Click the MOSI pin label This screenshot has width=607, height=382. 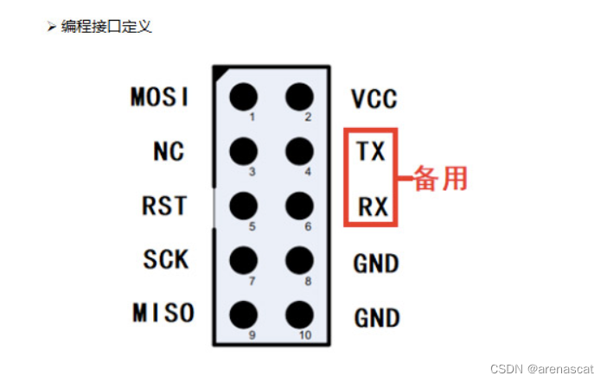(160, 97)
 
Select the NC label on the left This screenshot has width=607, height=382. (169, 151)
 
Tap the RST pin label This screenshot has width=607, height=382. (164, 206)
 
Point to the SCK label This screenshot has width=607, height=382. (165, 258)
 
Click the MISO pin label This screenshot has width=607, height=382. (163, 312)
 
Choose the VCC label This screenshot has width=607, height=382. (374, 99)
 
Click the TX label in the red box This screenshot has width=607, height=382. (371, 152)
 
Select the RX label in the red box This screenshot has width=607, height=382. (372, 207)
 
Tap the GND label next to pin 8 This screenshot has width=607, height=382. (376, 263)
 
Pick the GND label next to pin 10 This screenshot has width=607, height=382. (376, 317)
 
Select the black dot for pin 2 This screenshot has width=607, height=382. (299, 96)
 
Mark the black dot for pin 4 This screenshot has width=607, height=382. (299, 150)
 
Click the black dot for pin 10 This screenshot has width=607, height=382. (299, 312)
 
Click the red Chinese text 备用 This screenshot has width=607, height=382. (441, 179)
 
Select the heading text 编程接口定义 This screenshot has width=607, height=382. (105, 26)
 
